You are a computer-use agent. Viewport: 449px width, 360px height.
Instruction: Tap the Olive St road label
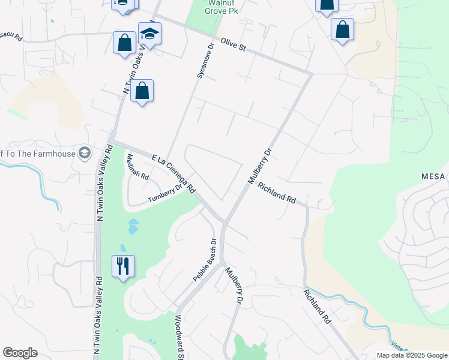coord(234,44)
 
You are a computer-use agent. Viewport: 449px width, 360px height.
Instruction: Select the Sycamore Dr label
coord(205,61)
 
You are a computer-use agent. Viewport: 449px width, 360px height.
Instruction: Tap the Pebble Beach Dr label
coord(204,260)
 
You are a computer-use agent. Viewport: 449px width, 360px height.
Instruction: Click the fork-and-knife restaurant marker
coord(123,266)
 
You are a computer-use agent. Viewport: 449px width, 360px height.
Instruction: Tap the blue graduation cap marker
coord(149,34)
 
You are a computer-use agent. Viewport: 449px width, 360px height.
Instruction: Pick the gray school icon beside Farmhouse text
coord(83,153)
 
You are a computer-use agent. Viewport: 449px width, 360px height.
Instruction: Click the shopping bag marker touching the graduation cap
coord(124,43)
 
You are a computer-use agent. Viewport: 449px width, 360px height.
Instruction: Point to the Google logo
coord(20,353)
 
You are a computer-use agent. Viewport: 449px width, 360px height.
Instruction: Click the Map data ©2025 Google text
coord(411,355)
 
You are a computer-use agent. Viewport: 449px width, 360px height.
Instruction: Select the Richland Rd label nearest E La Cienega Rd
coord(277,192)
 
